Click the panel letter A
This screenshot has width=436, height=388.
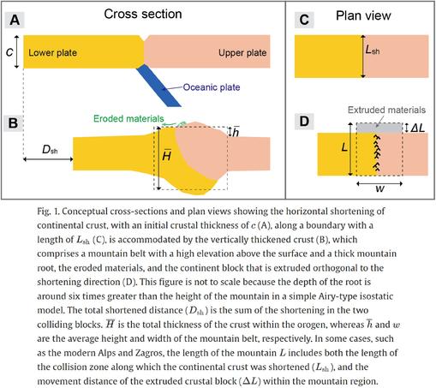pos(15,20)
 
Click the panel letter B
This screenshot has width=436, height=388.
pos(13,123)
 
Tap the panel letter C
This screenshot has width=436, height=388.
pos(304,20)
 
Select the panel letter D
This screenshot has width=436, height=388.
pos(304,121)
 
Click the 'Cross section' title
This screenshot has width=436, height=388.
pos(143,14)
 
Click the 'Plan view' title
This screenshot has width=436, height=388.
pos(363,15)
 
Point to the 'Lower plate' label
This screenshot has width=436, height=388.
pos(52,52)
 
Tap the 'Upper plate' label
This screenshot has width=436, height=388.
pos(242,52)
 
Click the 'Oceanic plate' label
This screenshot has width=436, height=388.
pos(212,87)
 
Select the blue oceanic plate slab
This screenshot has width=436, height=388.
pos(158,86)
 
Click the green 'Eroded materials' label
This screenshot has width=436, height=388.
pos(128,118)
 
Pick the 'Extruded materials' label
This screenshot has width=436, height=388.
pos(386,110)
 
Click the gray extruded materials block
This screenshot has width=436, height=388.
pos(379,128)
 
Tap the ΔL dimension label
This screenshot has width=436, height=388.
pos(417,128)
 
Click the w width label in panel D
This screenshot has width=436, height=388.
pos(379,188)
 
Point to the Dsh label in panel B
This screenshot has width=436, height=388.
pos(50,149)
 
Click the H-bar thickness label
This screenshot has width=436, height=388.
pos(167,155)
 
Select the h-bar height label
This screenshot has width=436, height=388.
pos(236,131)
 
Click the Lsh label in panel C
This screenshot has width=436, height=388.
pos(373,51)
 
